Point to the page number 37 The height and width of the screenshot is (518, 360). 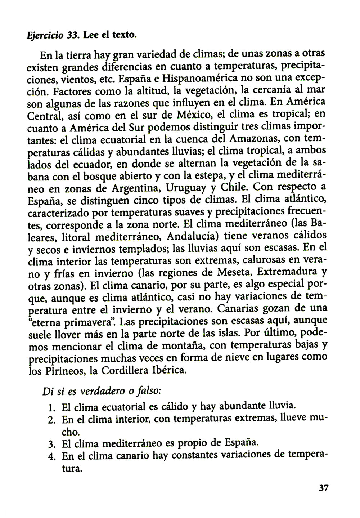point(323,488)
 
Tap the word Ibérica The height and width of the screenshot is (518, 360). point(170,370)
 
